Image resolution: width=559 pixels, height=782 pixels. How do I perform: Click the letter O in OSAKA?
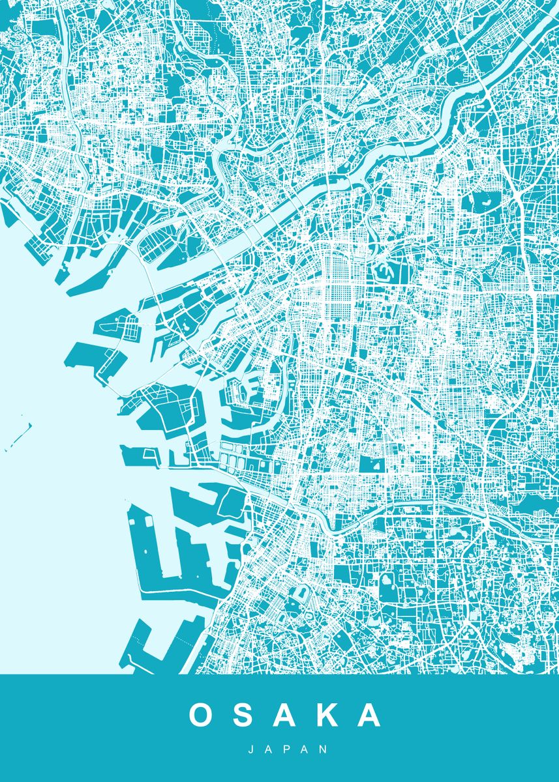pos(203,715)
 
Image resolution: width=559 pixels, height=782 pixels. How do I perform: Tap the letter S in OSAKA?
pos(244,715)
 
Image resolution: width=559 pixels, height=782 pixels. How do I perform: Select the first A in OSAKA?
pos(285,715)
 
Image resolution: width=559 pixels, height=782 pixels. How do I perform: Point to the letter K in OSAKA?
pos(327,715)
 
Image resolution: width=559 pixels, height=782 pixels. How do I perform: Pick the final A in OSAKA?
pos(369,715)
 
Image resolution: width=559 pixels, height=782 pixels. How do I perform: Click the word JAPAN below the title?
pos(279,749)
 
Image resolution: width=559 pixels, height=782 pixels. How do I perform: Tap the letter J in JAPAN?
pos(251,749)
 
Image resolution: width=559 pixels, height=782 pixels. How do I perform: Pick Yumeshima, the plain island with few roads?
pos(91,355)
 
